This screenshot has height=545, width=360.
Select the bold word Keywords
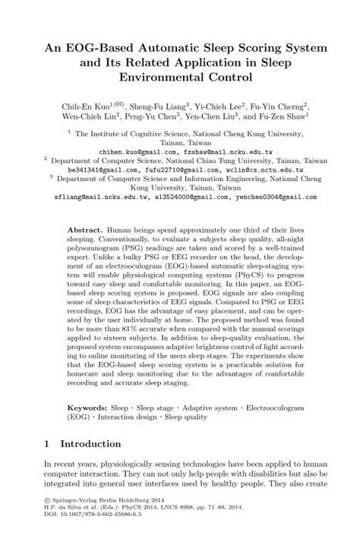88,407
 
